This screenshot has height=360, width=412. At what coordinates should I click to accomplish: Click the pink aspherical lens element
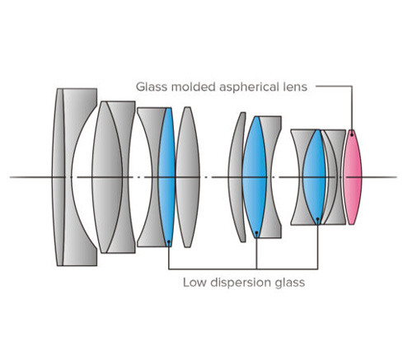(353, 177)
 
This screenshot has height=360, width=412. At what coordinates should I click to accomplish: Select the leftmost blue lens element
(166, 177)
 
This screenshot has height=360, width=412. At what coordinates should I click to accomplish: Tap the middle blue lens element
(255, 177)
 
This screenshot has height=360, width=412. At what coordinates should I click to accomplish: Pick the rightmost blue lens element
(315, 177)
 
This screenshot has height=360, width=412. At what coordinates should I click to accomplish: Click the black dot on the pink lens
(352, 135)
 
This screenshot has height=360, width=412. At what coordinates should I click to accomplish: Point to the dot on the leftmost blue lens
(169, 241)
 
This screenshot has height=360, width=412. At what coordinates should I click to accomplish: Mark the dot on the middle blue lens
(256, 232)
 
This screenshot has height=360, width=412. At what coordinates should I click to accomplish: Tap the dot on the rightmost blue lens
(318, 219)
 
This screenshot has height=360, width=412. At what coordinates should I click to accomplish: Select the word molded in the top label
(193, 86)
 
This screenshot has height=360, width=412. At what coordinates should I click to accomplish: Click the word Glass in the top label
(152, 86)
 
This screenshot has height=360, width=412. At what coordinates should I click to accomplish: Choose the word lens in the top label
(295, 86)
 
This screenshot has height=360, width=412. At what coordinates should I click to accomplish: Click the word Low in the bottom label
(194, 283)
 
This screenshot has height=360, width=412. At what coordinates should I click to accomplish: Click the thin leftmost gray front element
(59, 177)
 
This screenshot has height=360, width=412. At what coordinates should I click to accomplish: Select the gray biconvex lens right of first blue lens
(188, 177)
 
